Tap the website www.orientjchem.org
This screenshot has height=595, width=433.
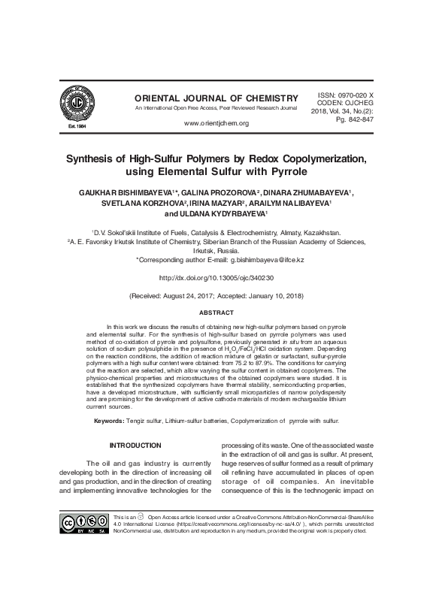tap(216, 123)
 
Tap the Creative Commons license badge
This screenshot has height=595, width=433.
tap(77, 524)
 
